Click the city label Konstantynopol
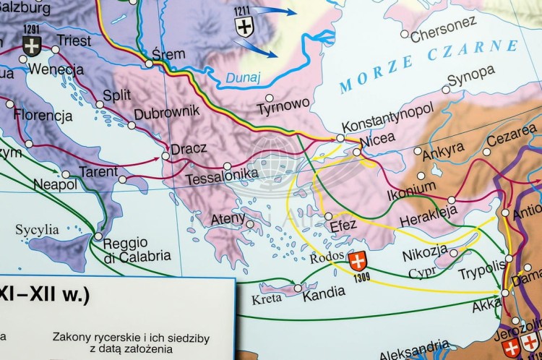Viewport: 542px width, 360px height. [387, 127]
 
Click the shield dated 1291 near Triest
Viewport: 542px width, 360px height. [31, 45]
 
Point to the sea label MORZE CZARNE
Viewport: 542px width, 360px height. [429, 66]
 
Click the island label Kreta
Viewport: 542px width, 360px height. [267, 299]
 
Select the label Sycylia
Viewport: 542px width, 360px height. [37, 230]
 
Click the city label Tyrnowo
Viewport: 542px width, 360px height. [283, 108]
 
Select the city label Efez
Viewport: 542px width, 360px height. [343, 225]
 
